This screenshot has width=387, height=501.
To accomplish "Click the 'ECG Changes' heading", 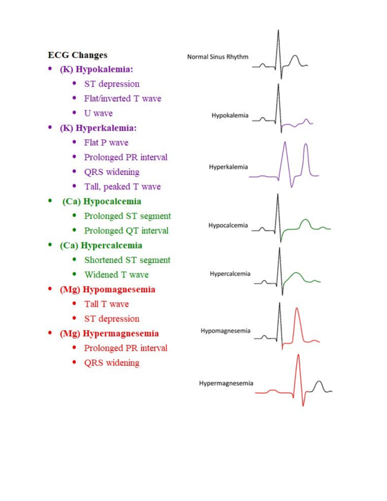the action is pos(78,55).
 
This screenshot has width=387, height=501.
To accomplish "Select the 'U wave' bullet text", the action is pos(98,113).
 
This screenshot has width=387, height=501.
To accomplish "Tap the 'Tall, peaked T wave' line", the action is pos(122,186).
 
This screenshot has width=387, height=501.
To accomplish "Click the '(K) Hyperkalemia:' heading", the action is pos(98,128).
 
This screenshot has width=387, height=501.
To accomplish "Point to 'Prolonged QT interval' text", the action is pos(126,231).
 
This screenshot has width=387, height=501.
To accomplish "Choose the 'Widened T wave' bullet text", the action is pos(116,275).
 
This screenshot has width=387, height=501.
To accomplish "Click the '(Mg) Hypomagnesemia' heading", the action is pos(107,289).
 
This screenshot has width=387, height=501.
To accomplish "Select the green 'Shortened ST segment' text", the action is pos(127,260).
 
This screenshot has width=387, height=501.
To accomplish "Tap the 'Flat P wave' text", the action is pos(106,143).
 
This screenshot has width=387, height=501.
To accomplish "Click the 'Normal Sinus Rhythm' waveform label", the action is pos(218,57).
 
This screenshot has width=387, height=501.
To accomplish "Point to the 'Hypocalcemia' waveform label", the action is pos(228,225).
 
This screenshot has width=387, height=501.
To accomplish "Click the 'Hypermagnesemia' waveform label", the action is pos(226,383).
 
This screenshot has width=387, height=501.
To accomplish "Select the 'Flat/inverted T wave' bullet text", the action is pos(122,98).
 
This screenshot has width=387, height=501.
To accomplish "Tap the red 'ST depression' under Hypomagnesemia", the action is pos(111,319).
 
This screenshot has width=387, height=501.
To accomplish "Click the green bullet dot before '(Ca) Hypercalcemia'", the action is pos(50,245).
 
